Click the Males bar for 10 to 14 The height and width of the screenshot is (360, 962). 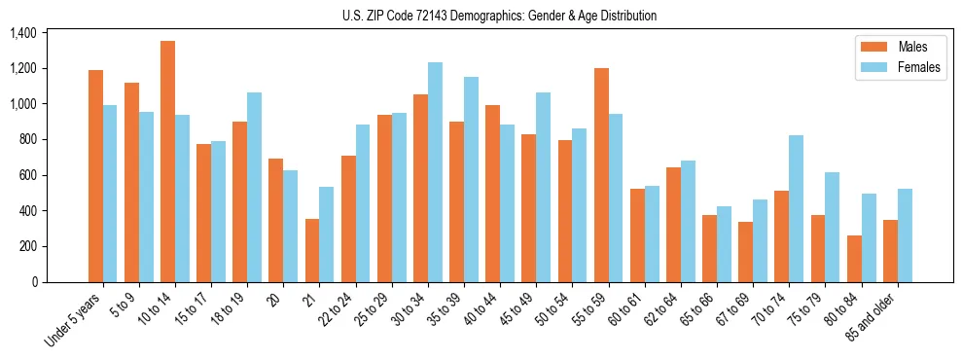167,162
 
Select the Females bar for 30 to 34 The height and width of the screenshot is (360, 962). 435,172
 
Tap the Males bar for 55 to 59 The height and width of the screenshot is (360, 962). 601,175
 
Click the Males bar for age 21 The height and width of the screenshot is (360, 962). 312,250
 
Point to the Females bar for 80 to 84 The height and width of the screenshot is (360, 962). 869,237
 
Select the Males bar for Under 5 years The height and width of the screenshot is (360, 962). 95,176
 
